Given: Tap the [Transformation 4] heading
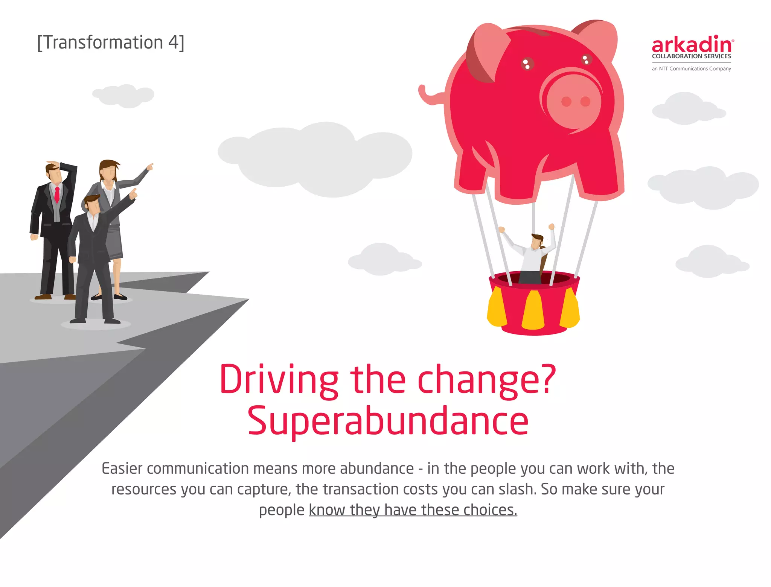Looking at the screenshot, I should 111,43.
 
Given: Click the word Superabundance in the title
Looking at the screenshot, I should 388,421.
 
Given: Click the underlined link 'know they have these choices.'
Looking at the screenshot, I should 413,510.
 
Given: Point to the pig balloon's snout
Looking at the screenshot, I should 574,101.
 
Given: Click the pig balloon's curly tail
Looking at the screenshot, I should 429,96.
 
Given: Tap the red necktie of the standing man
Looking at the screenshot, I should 57,194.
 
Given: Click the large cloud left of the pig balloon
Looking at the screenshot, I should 314,158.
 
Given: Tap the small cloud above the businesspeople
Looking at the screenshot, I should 124,96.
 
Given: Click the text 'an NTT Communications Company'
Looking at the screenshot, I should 691,69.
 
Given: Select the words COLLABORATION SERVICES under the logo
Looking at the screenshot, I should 691,56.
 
